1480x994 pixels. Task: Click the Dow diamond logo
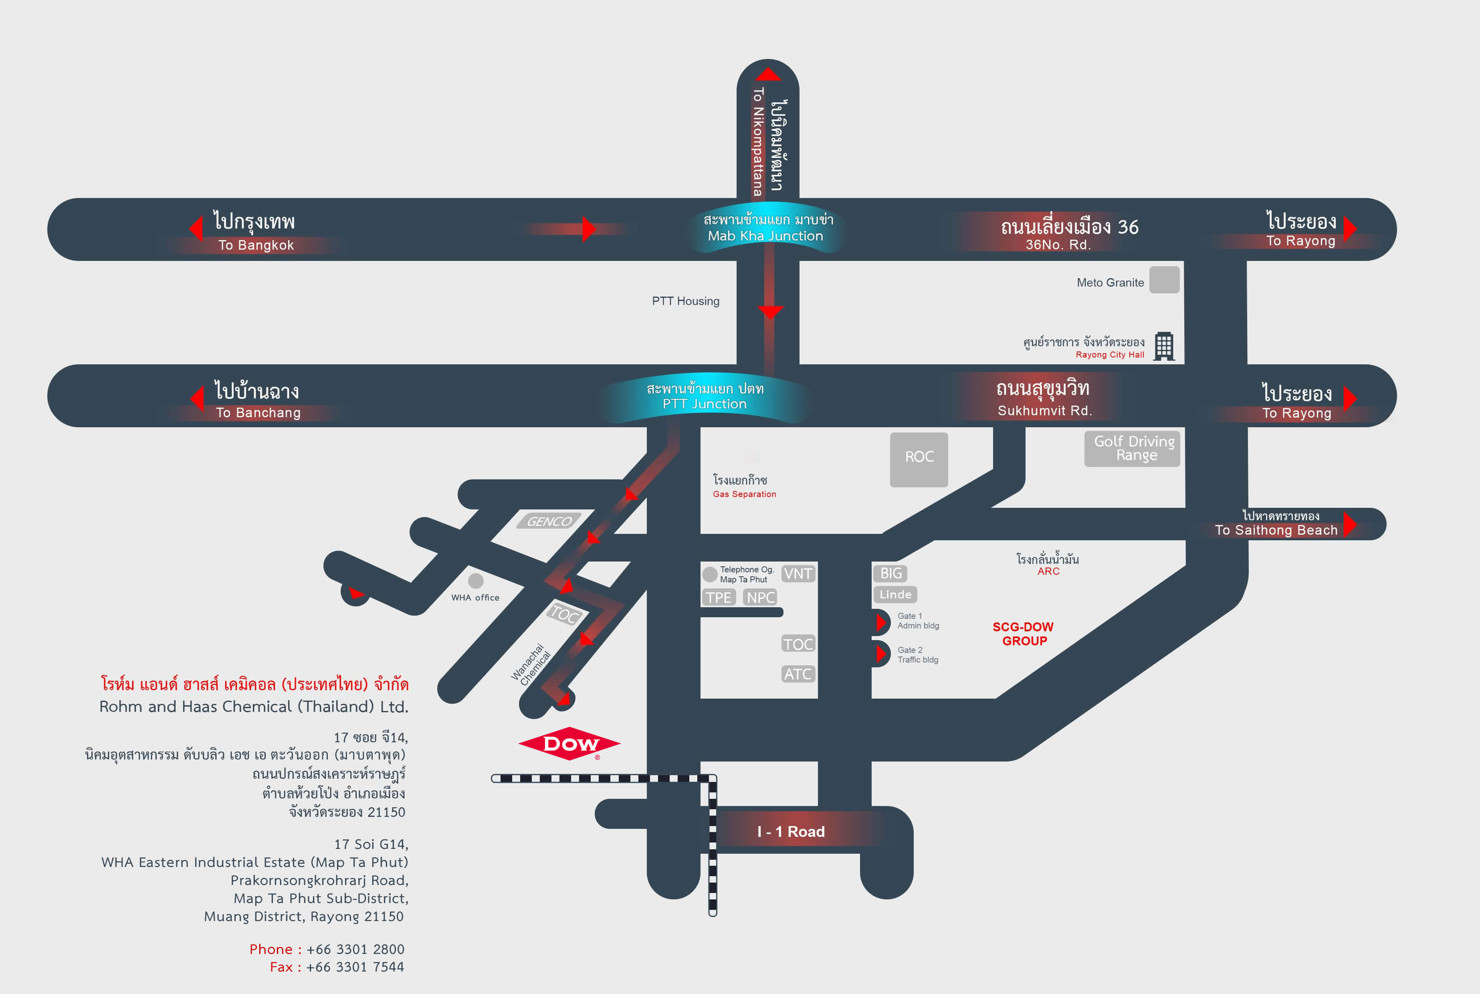point(569,743)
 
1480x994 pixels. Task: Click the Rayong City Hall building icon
point(1164,346)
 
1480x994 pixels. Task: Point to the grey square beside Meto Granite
point(1164,280)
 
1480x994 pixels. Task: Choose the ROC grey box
point(919,459)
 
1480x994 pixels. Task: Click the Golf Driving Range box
point(1133,449)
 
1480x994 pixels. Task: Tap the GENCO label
point(549,521)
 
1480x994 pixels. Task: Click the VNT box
point(798,574)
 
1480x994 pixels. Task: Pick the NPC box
point(761,597)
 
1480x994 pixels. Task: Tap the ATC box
point(798,674)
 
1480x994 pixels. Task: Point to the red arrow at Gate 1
point(880,622)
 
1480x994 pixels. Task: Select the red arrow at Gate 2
point(880,654)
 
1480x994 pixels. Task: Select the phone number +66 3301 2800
point(355,949)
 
